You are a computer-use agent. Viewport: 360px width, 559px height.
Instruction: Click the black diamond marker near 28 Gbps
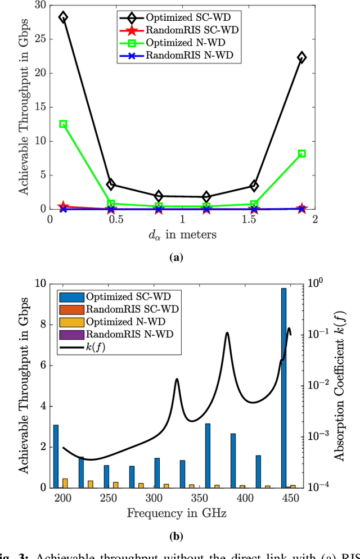point(63,17)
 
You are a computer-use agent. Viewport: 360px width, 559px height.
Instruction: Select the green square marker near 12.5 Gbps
point(63,124)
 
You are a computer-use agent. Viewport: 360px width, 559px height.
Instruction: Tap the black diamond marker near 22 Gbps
point(301,57)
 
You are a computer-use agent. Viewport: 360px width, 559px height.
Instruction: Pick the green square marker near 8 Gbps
point(301,154)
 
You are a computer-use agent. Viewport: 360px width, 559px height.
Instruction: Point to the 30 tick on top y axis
point(39,5)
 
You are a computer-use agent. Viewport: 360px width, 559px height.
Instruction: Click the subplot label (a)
point(176,258)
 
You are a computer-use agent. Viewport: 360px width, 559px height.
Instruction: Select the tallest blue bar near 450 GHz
point(284,388)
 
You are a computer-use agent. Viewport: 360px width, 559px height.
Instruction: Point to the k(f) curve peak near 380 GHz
point(227,333)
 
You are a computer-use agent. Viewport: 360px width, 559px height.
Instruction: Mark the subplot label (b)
point(176,537)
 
